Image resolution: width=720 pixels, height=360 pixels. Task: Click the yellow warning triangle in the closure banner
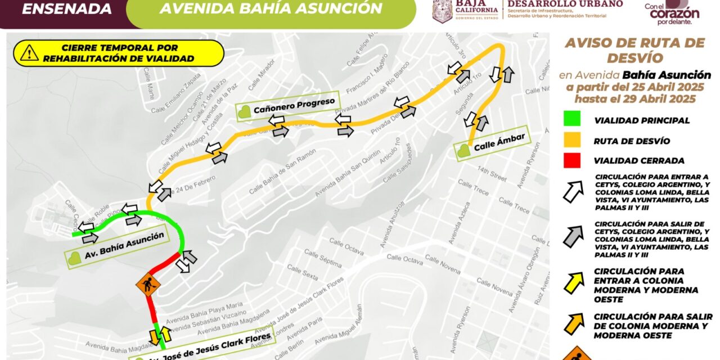point(29,53)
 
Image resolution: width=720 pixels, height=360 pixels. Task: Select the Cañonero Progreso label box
point(287,105)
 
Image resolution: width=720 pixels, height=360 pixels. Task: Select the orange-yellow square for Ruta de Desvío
point(571,141)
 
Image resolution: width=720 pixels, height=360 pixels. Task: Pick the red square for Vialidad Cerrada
point(571,161)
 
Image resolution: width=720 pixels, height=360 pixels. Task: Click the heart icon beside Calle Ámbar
point(463,151)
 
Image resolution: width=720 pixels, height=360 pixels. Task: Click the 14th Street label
point(491,171)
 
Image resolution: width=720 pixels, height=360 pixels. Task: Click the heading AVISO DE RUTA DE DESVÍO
point(634,50)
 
